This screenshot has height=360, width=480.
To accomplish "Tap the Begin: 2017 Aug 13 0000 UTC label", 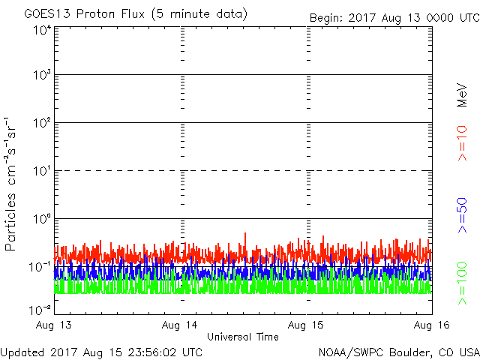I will point(394,17).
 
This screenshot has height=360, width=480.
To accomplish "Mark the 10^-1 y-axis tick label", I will point(40,267).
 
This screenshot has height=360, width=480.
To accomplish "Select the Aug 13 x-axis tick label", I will point(55,325).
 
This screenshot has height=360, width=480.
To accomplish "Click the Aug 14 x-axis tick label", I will point(181,325).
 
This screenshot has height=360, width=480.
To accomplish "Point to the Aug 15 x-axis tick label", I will point(307,325).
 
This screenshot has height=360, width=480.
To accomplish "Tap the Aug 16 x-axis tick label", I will point(430,325).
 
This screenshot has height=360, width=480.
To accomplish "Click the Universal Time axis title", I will point(242,337).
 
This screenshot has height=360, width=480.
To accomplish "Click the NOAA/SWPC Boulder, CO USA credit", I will point(397,352).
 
